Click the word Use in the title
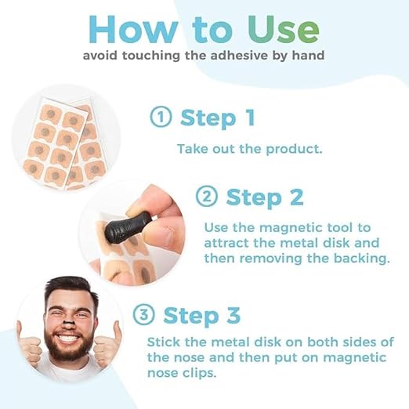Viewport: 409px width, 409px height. coord(283,29)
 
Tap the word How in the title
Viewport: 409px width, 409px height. coord(133,29)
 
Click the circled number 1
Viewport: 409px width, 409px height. coord(161,117)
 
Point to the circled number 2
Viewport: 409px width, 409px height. coord(207,197)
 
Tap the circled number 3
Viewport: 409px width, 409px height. coord(143,314)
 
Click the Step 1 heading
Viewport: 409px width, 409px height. coord(218,118)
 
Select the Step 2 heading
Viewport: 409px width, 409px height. coord(265,197)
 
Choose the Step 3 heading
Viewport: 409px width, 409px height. coord(201,316)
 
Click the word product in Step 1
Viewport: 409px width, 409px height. coord(294,150)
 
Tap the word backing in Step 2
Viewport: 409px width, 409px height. coord(361,259)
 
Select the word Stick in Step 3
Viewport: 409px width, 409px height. coord(164,342)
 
